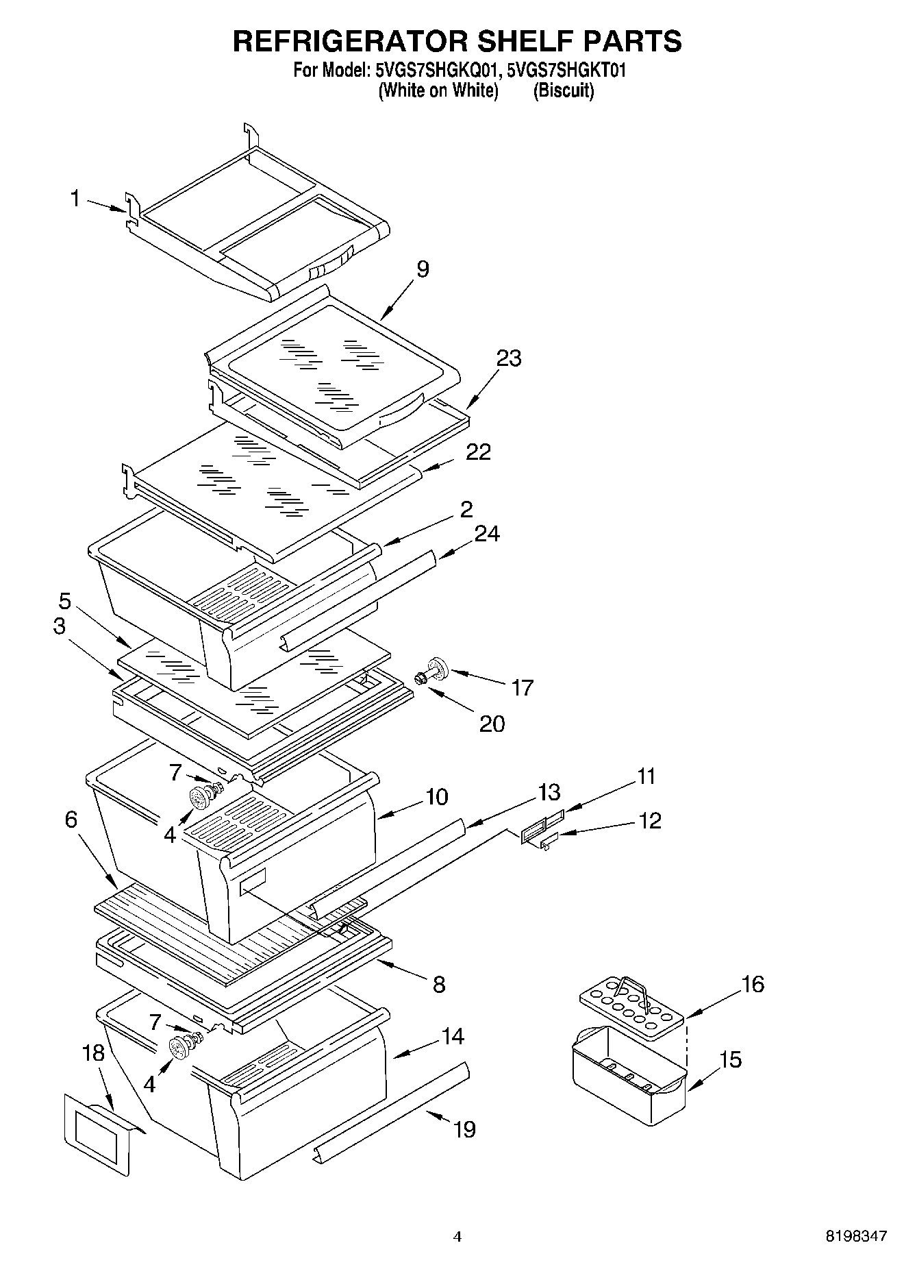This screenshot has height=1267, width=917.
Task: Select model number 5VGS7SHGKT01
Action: click(566, 70)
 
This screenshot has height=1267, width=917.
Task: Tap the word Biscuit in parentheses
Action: click(563, 90)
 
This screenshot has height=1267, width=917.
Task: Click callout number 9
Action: click(423, 269)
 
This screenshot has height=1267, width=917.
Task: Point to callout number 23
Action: click(509, 358)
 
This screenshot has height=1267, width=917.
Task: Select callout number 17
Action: click(522, 687)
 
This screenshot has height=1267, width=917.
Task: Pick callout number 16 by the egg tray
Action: click(752, 984)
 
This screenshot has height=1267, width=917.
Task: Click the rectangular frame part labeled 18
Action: click(97, 1133)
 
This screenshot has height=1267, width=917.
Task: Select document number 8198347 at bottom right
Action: click(856, 1235)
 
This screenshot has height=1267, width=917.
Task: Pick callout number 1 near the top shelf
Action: click(75, 199)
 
